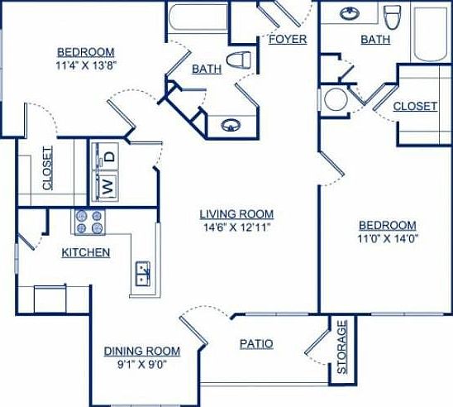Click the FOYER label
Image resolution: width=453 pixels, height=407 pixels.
288,39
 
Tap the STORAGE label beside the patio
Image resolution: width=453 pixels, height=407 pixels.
342,347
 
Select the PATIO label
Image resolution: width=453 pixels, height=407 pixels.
257,343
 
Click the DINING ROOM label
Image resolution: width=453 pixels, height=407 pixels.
142,350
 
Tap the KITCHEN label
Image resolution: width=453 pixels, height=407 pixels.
85,251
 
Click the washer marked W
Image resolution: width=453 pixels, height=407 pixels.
107,184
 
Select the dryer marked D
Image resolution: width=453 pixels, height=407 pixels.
108,154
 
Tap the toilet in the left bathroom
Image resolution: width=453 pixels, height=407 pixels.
241,60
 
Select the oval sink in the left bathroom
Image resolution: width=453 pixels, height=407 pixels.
231,126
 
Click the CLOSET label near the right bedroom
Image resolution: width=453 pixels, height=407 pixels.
415,106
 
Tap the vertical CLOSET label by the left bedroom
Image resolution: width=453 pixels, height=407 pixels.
47,169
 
